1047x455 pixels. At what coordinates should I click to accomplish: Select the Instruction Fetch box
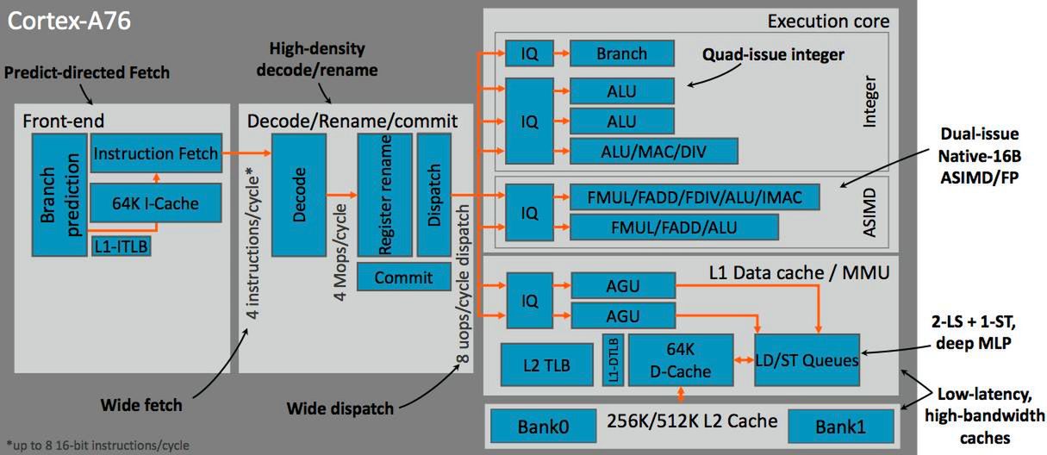click(156, 153)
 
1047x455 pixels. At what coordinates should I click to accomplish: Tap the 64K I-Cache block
click(156, 203)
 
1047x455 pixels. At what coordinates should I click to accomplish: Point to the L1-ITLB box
click(121, 246)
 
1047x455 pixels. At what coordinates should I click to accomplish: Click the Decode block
click(299, 195)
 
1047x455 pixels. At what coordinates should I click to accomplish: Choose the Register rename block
click(383, 195)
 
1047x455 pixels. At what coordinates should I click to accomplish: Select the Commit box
click(403, 277)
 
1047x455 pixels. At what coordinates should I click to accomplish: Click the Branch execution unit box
click(621, 53)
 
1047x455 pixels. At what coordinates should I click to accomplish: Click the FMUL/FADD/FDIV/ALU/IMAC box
click(694, 197)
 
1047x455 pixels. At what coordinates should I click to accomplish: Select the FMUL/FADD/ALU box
click(674, 227)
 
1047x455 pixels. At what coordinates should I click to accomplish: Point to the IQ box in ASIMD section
click(530, 212)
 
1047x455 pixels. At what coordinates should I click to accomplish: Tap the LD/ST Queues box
click(807, 360)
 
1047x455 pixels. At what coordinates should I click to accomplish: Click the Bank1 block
click(842, 426)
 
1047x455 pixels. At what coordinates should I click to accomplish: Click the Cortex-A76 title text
click(69, 21)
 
